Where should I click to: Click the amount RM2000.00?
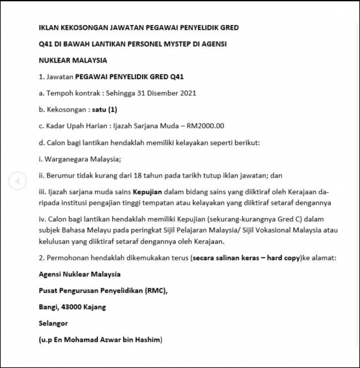tap(206, 126)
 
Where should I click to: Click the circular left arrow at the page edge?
tap(17, 180)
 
